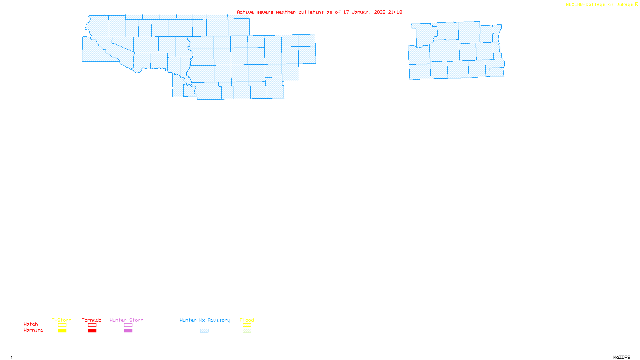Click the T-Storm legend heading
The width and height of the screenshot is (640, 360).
click(62, 320)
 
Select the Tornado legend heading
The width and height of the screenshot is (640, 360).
click(92, 320)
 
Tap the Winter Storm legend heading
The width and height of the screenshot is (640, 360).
click(126, 320)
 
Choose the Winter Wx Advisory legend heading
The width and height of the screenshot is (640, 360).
click(205, 320)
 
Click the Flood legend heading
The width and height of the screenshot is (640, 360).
click(247, 320)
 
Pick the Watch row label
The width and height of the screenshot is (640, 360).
click(31, 324)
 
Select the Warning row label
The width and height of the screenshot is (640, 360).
click(34, 330)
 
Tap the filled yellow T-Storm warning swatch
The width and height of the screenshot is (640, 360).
click(62, 331)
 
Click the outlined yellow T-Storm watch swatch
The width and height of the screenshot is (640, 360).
click(62, 325)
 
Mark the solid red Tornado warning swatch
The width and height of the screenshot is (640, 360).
click(92, 331)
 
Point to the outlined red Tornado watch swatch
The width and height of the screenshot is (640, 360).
click(92, 325)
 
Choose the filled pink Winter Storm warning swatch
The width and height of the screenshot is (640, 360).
click(128, 331)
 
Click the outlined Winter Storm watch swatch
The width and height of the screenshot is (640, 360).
click(128, 325)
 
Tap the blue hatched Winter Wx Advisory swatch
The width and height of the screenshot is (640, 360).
click(204, 331)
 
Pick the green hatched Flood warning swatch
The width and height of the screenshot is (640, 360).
click(247, 331)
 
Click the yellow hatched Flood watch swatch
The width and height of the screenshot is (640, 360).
click(247, 325)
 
